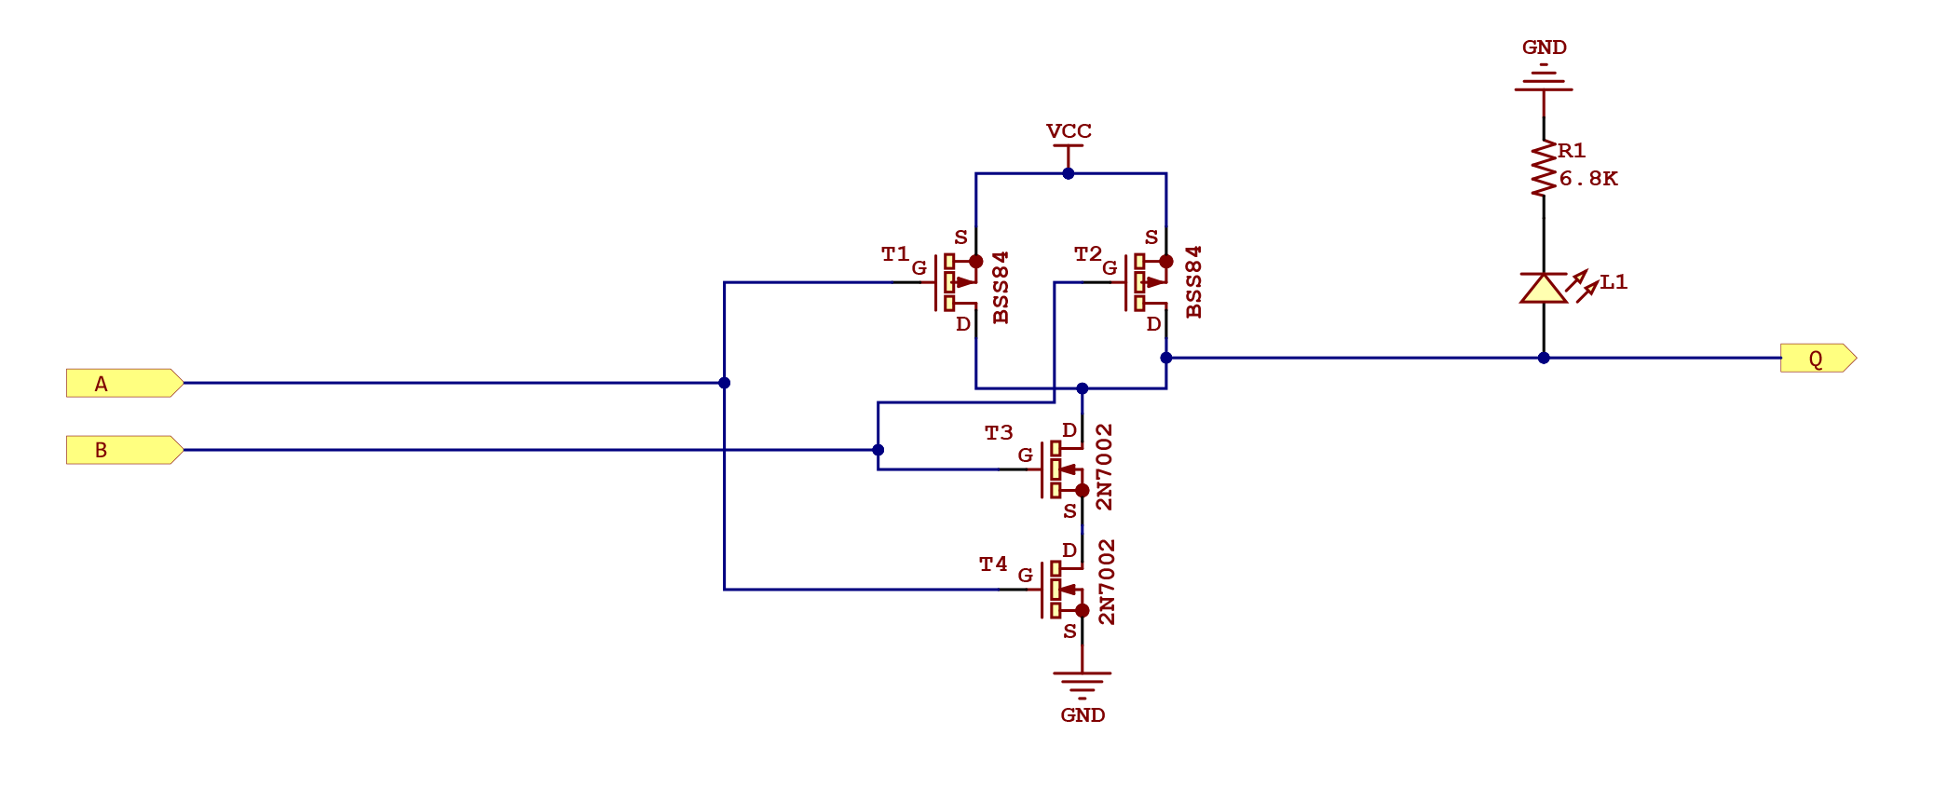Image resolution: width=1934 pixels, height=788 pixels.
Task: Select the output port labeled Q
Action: click(1817, 359)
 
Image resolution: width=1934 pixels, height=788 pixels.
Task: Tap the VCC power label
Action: click(1069, 131)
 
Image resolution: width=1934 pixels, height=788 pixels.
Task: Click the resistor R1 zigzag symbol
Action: click(1544, 169)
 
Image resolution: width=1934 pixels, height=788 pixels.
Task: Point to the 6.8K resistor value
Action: click(1588, 179)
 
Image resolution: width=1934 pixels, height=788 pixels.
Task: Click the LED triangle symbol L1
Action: click(1544, 289)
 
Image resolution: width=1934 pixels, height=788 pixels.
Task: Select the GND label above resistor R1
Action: click(1544, 48)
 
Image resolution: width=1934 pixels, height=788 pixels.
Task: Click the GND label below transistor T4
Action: click(1083, 715)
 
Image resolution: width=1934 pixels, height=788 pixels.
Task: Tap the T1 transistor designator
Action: click(895, 253)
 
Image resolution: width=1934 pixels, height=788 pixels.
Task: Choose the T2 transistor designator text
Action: click(1087, 253)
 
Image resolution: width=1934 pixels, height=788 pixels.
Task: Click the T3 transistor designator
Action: click(999, 433)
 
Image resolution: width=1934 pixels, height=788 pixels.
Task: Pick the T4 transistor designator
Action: click(993, 564)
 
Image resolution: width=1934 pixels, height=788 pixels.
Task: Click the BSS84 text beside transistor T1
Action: click(1001, 287)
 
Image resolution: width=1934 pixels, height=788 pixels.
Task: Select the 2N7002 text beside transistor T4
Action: click(1106, 581)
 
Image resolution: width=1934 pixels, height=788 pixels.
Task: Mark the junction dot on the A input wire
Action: click(725, 383)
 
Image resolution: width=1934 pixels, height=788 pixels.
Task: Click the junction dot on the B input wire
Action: click(878, 450)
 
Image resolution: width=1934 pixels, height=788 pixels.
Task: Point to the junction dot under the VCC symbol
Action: click(1069, 173)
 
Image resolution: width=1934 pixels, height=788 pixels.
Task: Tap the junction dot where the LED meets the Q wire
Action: click(1544, 358)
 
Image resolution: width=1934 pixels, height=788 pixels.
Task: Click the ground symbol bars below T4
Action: click(1083, 684)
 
